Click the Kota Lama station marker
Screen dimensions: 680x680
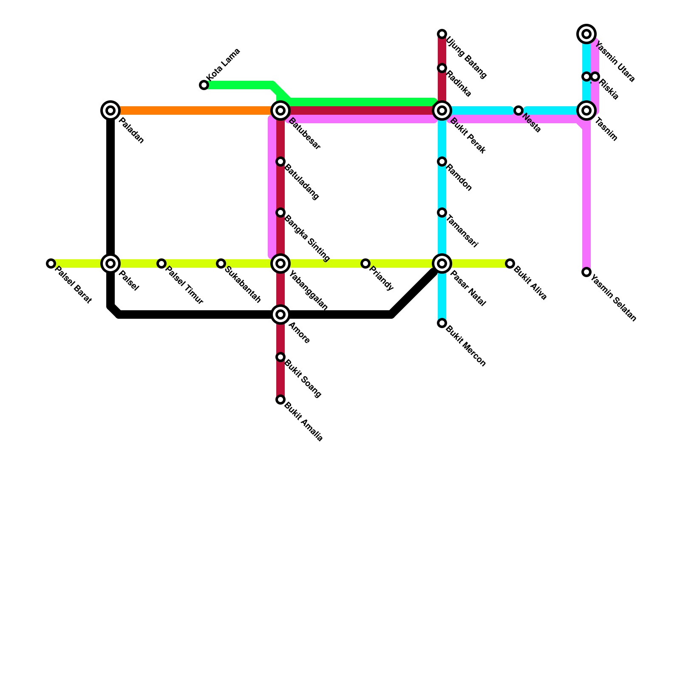pos(204,85)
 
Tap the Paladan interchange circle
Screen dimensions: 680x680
pos(110,110)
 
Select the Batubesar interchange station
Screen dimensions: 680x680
pos(280,110)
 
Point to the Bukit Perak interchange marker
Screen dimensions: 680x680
pos(442,110)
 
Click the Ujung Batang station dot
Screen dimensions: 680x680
pos(442,34)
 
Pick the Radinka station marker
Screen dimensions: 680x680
pos(442,68)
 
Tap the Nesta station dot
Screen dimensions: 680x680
pos(518,110)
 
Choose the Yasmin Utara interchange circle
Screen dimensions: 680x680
pos(586,34)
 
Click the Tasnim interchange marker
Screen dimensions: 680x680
pos(586,110)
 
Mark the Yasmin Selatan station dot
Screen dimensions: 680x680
pos(586,272)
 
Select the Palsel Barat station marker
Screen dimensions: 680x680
pos(51,263)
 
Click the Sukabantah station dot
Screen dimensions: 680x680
pos(221,263)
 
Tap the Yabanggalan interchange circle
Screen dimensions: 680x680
pos(280,263)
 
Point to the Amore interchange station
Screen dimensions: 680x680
pos(280,314)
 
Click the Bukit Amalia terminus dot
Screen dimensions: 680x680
pos(280,399)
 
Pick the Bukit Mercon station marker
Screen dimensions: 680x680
pos(442,323)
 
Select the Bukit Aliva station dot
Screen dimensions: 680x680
pos(510,263)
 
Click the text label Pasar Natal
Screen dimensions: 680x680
pos(467,288)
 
